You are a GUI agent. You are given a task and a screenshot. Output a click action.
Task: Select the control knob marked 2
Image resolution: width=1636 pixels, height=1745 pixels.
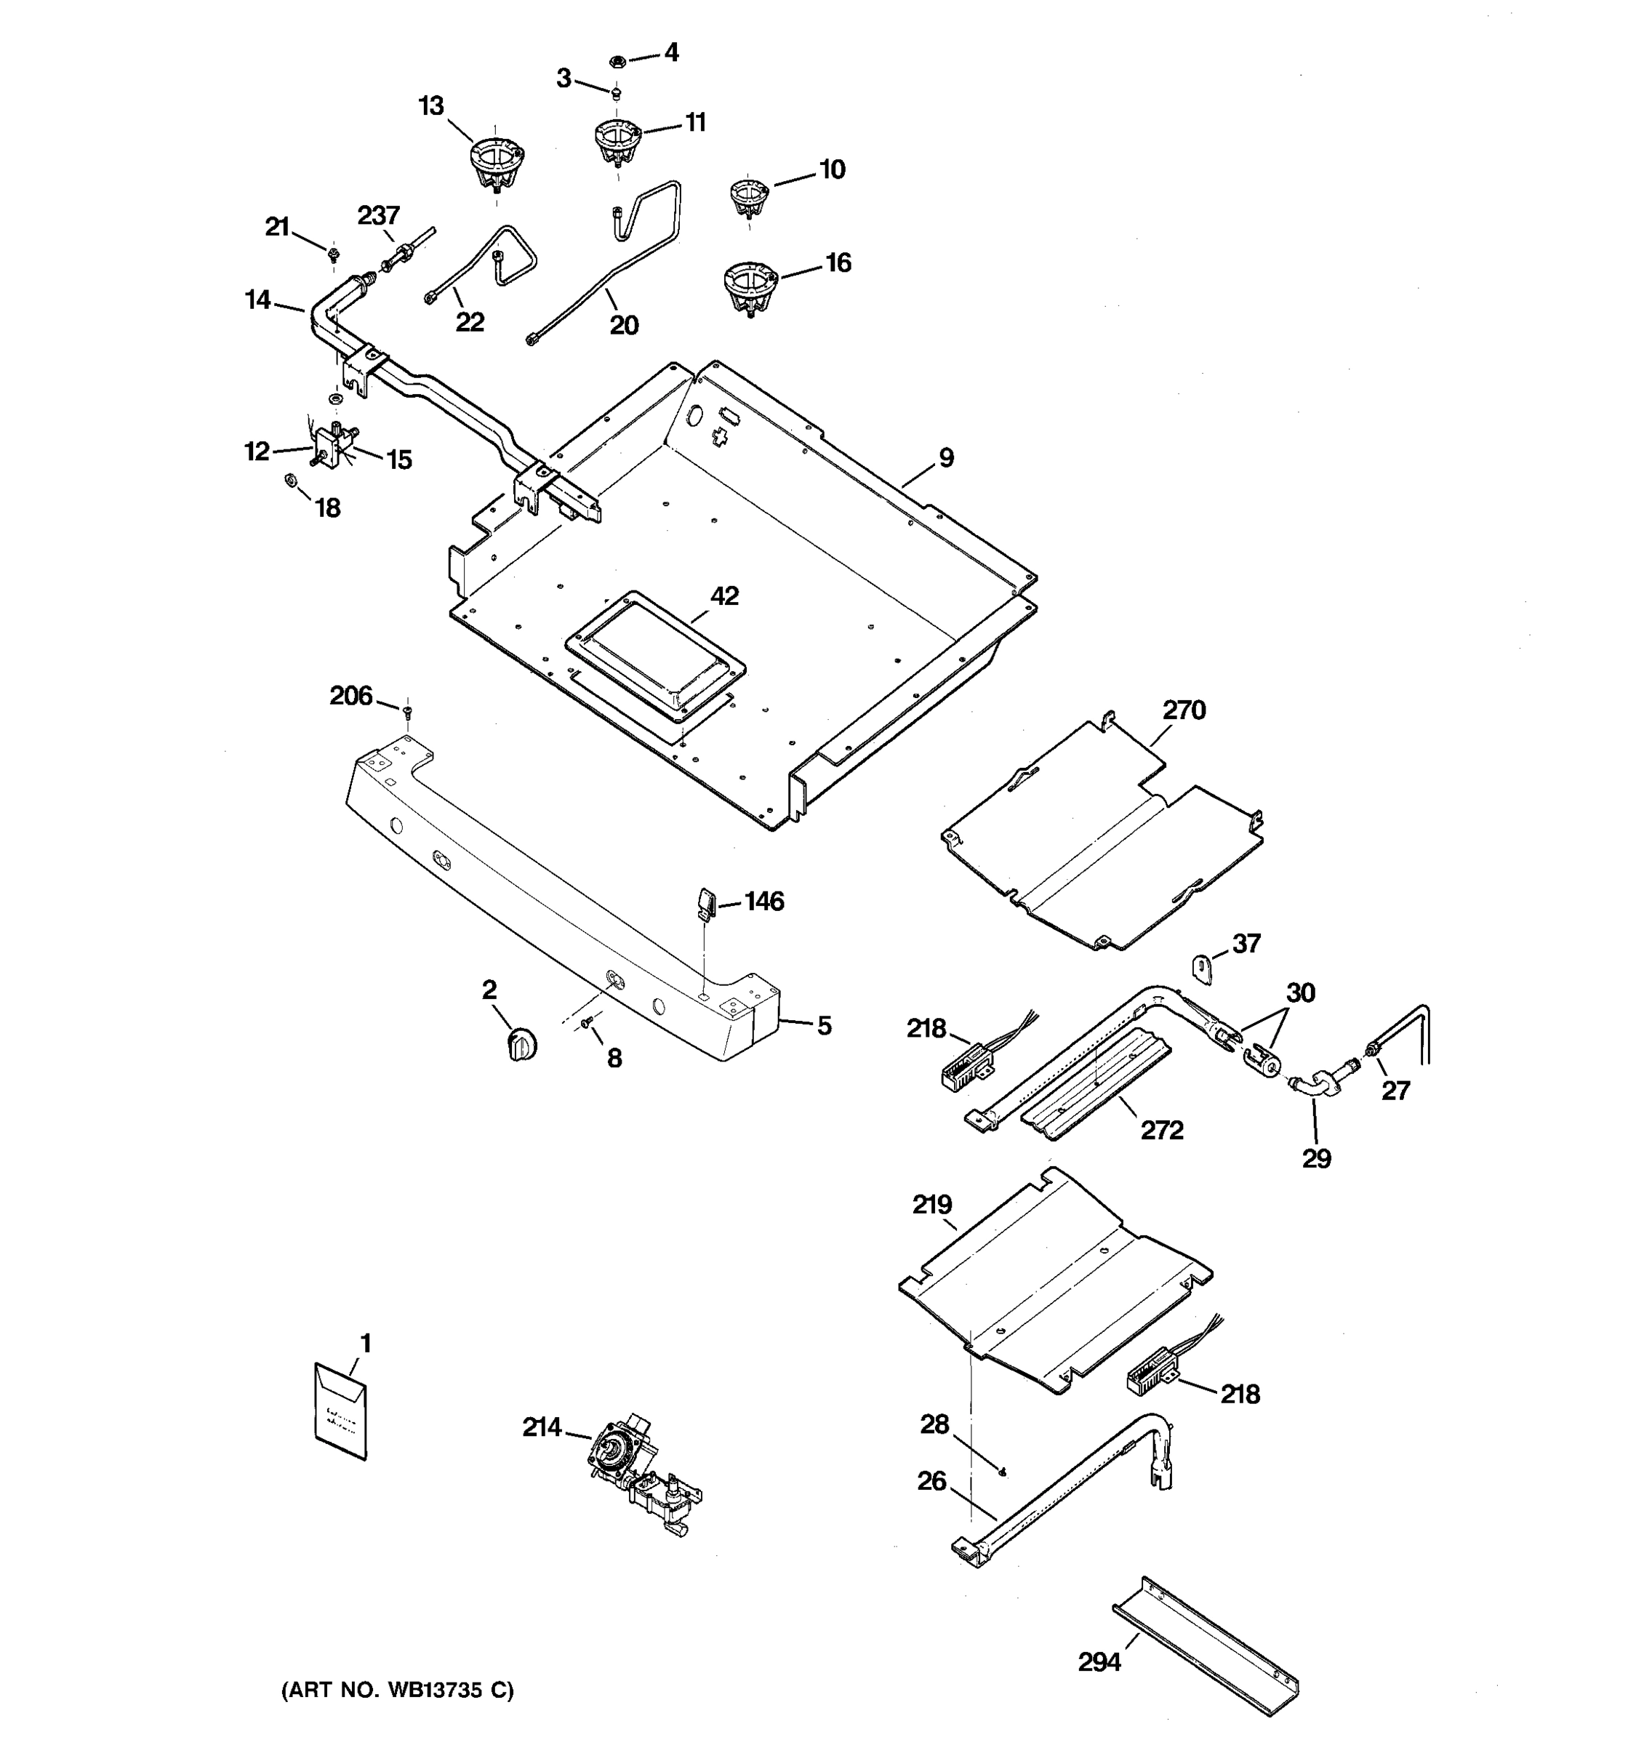pyautogui.click(x=521, y=1045)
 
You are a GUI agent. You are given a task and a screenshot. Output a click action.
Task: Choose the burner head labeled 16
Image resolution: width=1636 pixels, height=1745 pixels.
pyautogui.click(x=750, y=287)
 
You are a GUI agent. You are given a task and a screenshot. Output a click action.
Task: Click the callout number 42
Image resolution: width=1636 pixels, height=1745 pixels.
pyautogui.click(x=724, y=596)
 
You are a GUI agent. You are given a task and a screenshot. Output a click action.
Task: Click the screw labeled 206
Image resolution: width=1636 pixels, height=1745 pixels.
pyautogui.click(x=407, y=710)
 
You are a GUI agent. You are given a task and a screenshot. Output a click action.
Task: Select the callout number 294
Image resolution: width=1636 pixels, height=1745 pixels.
pyautogui.click(x=1099, y=1661)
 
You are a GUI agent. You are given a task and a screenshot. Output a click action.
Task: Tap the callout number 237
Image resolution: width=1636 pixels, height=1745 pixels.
pyautogui.click(x=378, y=215)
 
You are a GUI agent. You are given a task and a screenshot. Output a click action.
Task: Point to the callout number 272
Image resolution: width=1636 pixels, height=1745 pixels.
pyautogui.click(x=1161, y=1130)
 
